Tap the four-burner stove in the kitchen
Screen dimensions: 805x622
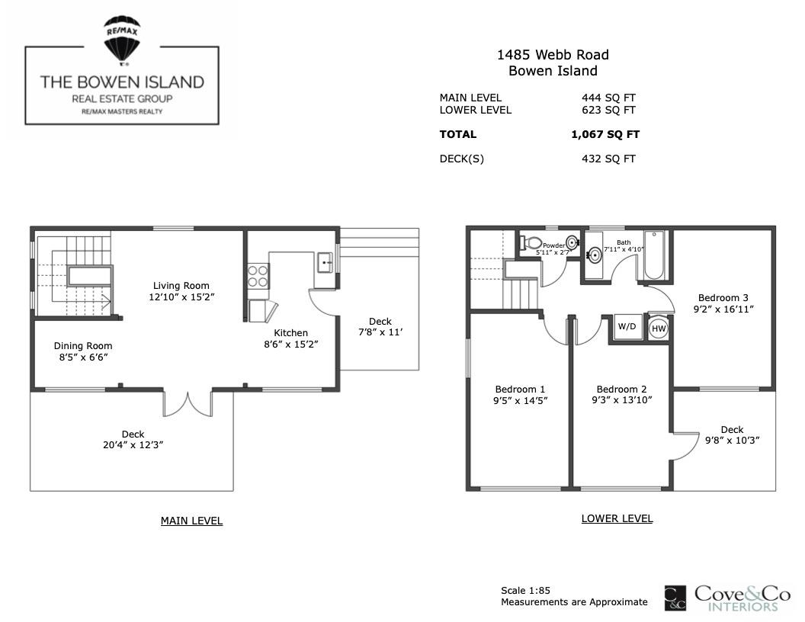click(x=258, y=276)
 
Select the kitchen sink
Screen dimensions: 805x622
click(x=325, y=263)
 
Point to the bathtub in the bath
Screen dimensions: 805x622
click(x=654, y=255)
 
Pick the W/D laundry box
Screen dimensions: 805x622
click(x=627, y=327)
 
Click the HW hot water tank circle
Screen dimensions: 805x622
click(x=658, y=329)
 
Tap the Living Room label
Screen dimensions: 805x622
click(x=181, y=286)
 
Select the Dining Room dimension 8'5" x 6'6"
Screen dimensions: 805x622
click(x=83, y=357)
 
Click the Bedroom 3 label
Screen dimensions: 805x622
click(x=723, y=297)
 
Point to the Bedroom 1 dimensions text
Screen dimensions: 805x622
click(x=520, y=401)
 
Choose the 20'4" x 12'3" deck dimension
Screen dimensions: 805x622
click(x=133, y=445)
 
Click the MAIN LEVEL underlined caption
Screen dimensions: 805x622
click(x=191, y=521)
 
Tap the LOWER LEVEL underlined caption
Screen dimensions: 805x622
click(x=617, y=519)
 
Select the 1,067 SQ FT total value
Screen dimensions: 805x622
click(x=605, y=134)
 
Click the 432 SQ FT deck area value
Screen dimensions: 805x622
click(x=608, y=159)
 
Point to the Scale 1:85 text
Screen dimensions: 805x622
click(x=526, y=590)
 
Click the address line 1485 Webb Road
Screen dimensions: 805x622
click(x=553, y=55)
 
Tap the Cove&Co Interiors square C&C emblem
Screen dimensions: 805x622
click(x=675, y=598)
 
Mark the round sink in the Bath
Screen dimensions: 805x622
click(x=595, y=255)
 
